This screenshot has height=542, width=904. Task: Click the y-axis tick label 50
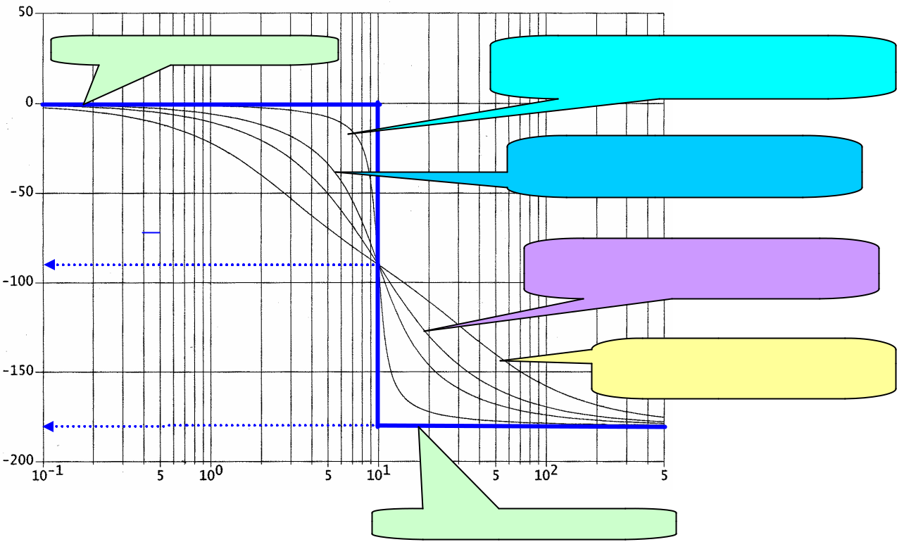point(25,13)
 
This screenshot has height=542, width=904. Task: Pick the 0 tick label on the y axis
point(30,103)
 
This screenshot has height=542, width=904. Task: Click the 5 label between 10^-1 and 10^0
point(161,475)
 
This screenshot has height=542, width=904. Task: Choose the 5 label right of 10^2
point(663,475)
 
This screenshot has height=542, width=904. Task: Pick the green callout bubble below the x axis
point(524,522)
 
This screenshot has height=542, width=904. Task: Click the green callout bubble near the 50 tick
point(194,49)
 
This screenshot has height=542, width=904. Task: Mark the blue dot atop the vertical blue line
point(378,104)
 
